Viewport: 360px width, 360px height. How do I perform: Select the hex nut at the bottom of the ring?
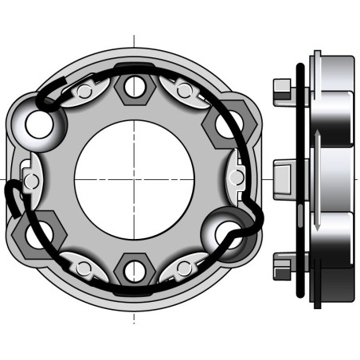[x=135, y=271]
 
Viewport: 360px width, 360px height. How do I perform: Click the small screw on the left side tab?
[x=30, y=181]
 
